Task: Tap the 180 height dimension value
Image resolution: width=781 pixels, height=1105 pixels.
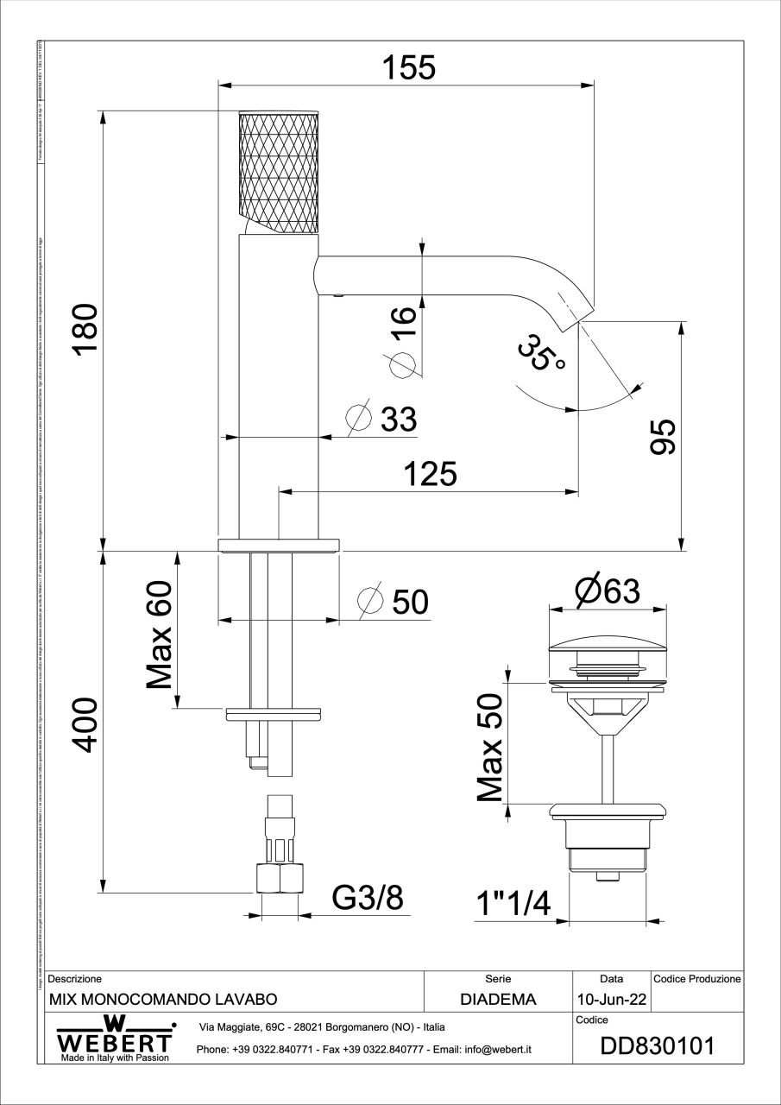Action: point(86,329)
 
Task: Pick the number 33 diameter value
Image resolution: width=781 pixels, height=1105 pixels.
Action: point(398,420)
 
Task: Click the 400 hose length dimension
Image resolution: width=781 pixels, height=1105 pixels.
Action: point(86,725)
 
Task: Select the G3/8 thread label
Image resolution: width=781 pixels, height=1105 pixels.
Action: point(368,899)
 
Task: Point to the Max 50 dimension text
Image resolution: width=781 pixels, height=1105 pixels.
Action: point(489,747)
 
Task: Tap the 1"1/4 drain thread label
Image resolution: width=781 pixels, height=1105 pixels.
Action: point(513,904)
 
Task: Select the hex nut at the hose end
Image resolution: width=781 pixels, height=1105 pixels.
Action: point(280,878)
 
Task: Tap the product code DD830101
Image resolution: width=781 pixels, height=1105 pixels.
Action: point(657,1046)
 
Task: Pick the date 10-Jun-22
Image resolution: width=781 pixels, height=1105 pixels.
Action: point(612,1001)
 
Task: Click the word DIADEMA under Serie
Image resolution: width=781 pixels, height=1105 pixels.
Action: point(498,1001)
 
